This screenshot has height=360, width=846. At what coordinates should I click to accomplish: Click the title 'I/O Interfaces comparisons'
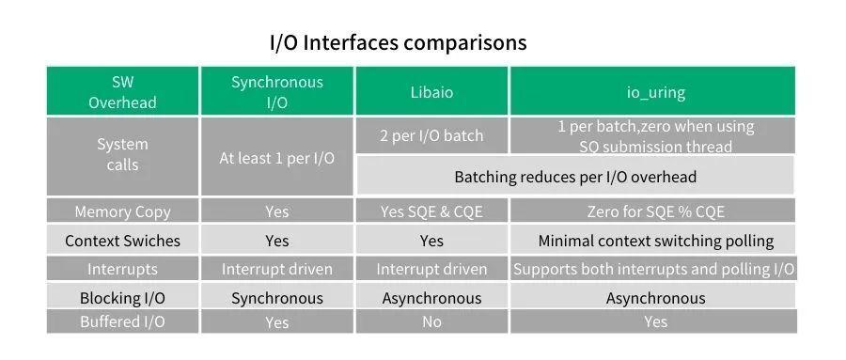(x=398, y=42)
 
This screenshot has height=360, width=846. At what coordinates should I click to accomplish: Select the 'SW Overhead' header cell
(x=122, y=92)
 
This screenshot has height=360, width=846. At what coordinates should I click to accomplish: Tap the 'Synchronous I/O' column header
(x=277, y=92)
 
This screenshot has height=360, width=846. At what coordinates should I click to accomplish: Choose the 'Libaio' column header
(x=431, y=92)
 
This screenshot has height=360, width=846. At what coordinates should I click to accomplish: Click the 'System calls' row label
(x=122, y=155)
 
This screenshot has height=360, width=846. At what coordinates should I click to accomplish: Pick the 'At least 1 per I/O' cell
(x=277, y=158)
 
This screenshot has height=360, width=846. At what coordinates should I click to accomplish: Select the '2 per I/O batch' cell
(x=431, y=135)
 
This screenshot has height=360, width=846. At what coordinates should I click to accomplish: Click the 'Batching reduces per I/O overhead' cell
(x=575, y=177)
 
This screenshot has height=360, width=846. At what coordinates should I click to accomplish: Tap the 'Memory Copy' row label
(x=122, y=212)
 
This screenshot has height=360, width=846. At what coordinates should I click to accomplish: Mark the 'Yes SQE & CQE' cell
(x=431, y=212)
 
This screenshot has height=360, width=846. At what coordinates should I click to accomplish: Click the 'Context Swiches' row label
(x=122, y=241)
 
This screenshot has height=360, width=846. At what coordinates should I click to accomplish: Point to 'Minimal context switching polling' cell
(x=655, y=241)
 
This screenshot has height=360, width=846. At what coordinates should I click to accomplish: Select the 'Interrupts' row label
(x=122, y=270)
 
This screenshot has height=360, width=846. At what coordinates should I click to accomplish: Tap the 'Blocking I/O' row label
(x=122, y=298)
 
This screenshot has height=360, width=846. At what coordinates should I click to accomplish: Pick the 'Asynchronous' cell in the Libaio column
(x=431, y=298)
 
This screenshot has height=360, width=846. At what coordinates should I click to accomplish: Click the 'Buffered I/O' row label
(x=122, y=322)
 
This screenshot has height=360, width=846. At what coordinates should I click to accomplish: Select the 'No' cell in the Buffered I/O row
(x=431, y=322)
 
